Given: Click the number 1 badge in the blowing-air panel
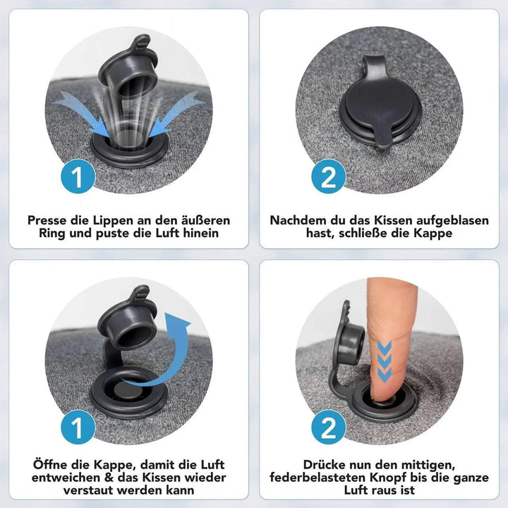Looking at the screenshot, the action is point(78,176).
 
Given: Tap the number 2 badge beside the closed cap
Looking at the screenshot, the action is point(329,176).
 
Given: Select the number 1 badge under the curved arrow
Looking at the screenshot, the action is point(78,427).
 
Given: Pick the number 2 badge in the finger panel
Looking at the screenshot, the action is point(329,427).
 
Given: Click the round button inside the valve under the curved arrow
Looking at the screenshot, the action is point(128,389).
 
